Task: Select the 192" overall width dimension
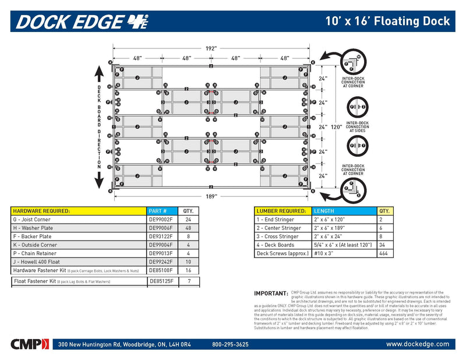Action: click(210, 48)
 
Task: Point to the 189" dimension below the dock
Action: click(210, 196)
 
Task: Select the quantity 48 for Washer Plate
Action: click(188, 228)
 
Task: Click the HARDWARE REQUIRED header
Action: click(41, 211)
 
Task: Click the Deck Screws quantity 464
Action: click(384, 254)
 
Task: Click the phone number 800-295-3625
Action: click(230, 345)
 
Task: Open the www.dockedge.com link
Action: click(418, 344)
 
